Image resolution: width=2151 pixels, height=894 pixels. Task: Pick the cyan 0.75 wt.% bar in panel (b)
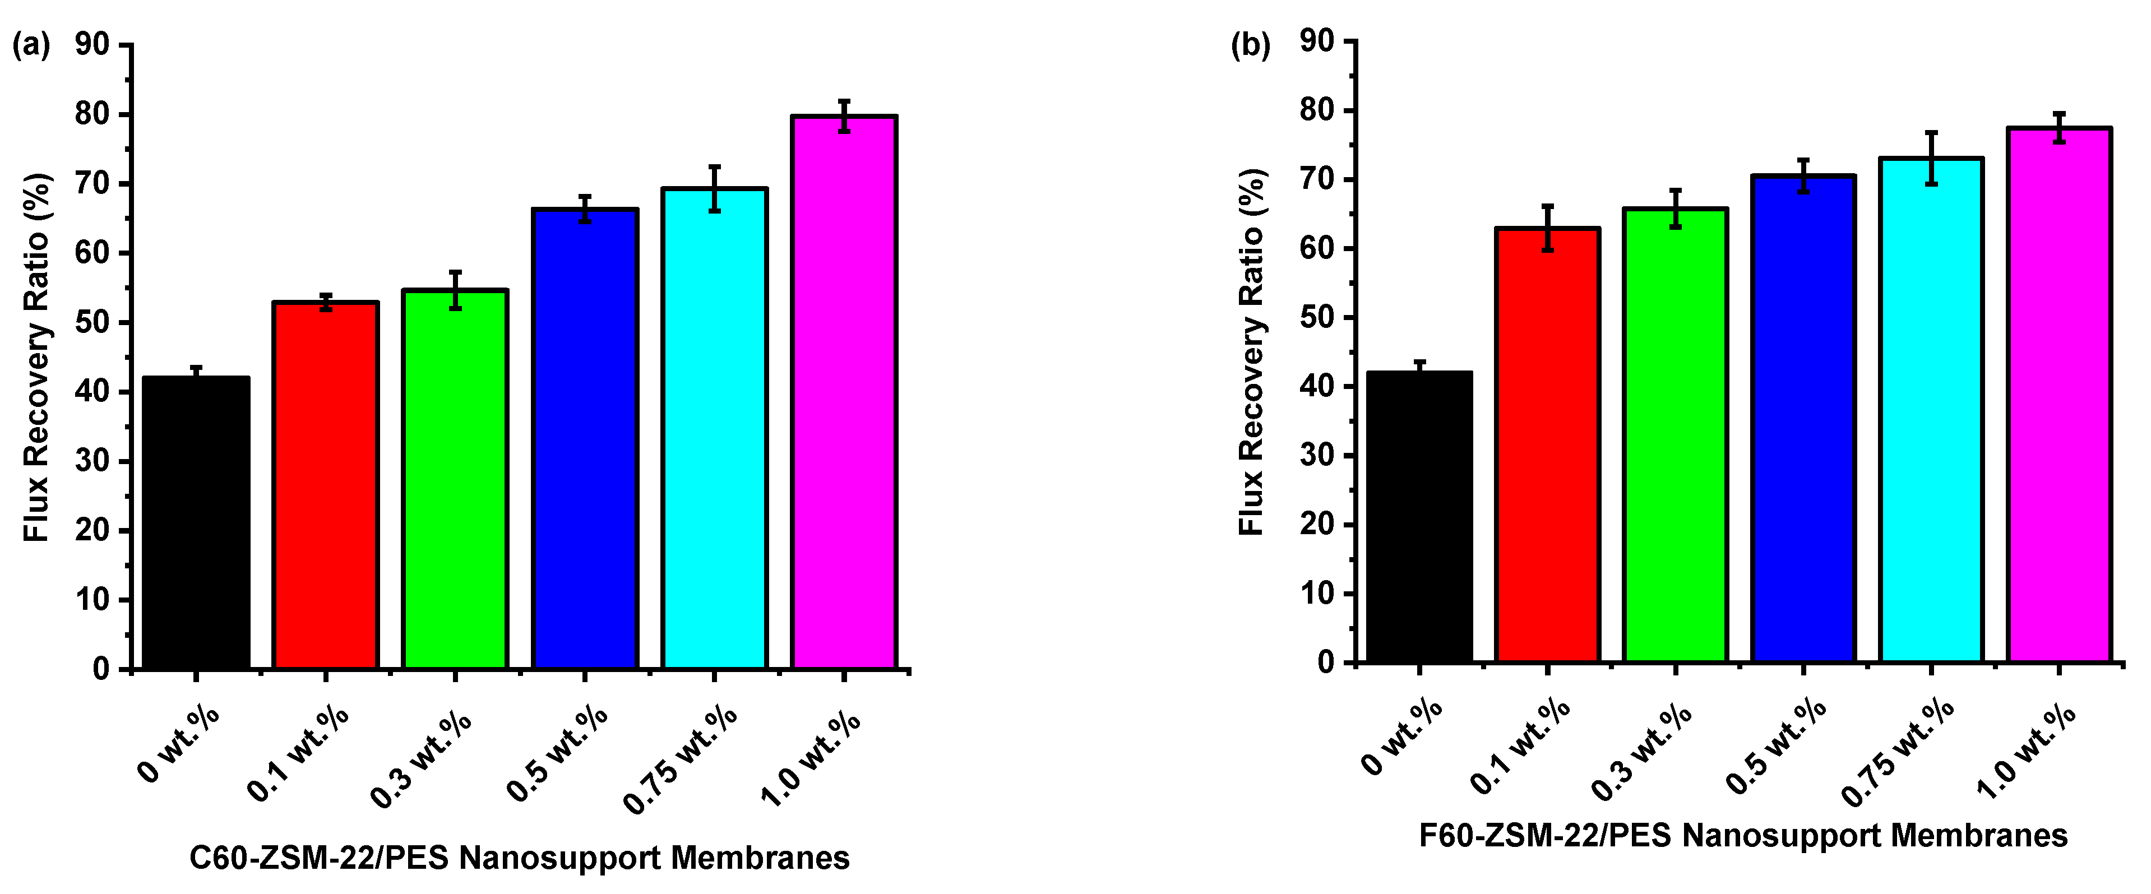1931,410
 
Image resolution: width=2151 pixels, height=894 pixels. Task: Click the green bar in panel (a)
455,480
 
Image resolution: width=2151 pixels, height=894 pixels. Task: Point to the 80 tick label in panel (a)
92,114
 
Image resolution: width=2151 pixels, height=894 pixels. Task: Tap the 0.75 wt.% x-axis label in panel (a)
681,759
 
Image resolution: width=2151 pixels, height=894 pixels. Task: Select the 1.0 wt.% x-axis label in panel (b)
2028,751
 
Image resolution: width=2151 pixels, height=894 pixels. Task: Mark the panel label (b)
1250,44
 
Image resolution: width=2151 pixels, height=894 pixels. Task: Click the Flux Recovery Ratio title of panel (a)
37,357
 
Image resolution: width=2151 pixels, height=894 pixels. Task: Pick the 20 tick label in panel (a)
92,530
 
